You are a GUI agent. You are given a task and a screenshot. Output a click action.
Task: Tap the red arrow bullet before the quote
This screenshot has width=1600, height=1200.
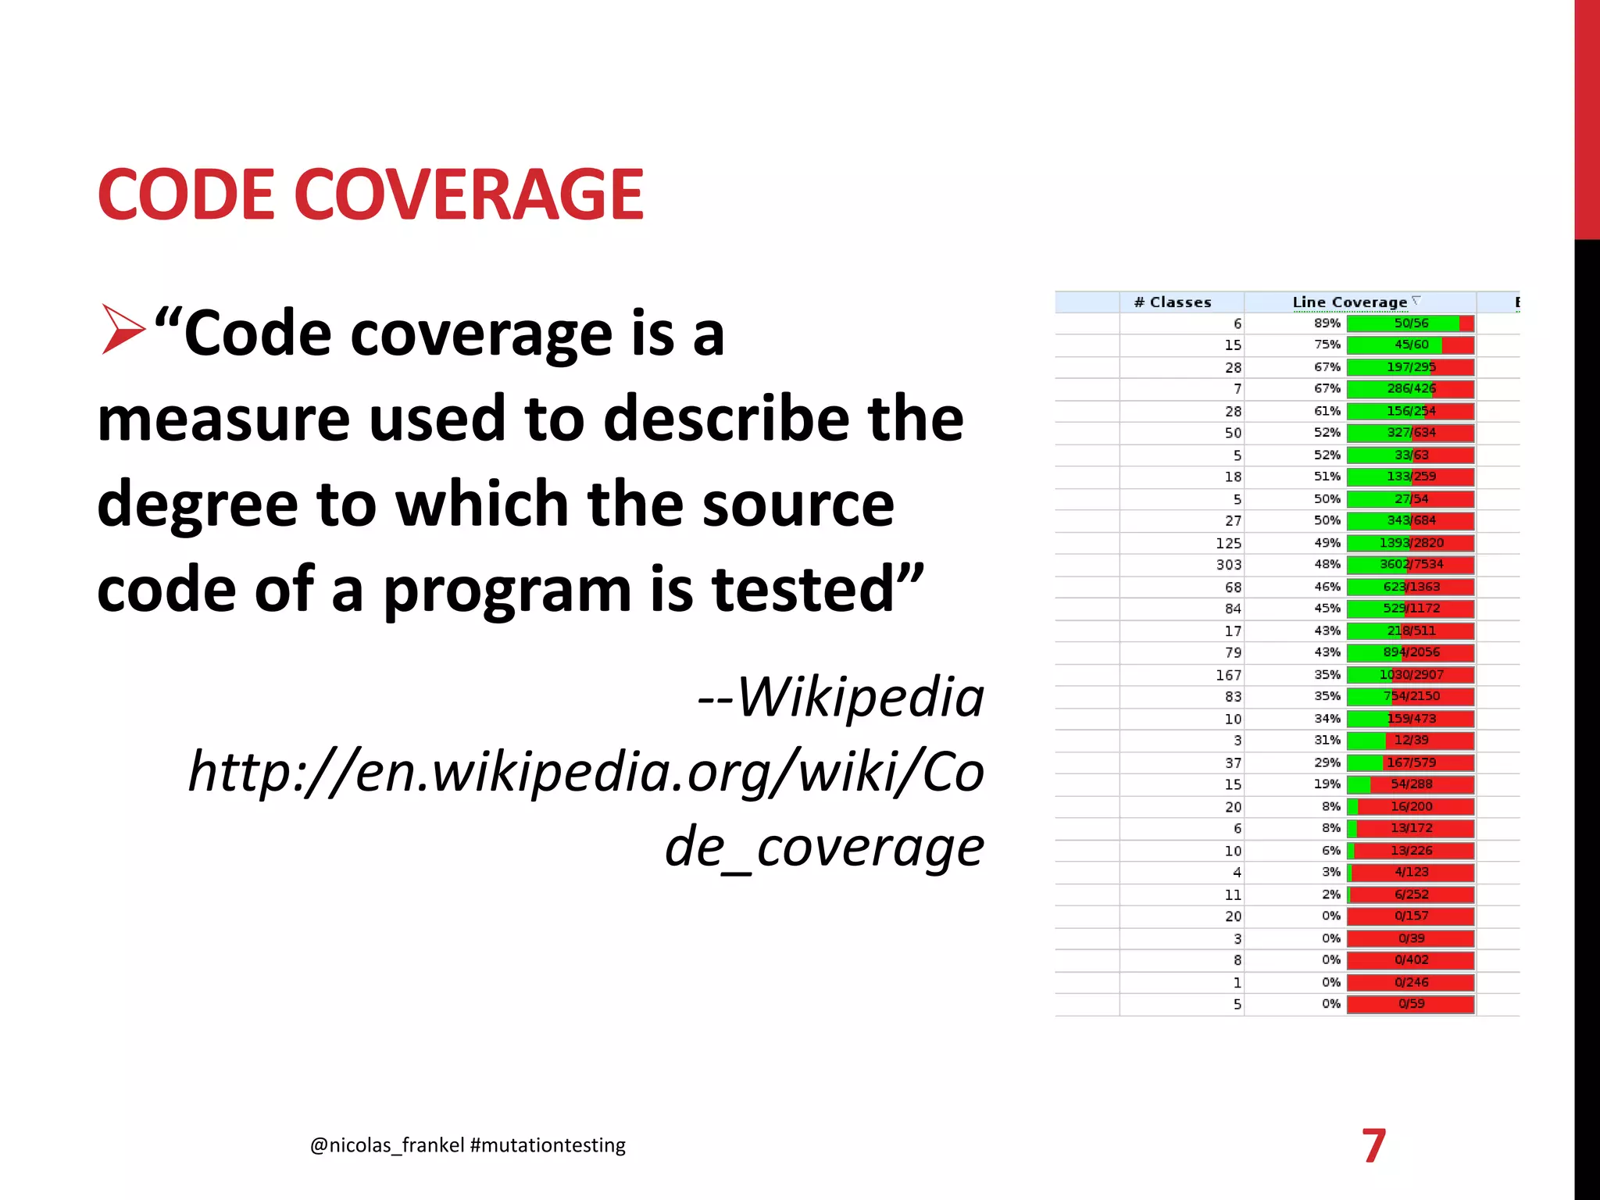point(123,330)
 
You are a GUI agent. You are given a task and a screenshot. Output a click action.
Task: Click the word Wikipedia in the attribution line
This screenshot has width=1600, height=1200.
point(861,696)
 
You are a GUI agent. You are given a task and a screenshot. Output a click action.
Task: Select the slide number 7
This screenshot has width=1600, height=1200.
point(1373,1145)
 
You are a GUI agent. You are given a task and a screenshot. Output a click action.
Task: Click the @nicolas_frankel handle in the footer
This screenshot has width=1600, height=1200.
point(387,1145)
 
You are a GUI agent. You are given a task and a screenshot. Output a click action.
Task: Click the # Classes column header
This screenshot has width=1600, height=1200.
point(1172,302)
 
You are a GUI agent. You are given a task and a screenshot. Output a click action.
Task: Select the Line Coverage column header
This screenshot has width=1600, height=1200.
point(1349,302)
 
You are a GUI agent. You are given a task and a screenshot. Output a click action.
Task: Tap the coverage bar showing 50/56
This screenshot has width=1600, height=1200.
point(1410,323)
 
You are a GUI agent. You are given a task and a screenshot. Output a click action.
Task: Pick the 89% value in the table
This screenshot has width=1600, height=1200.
point(1327,323)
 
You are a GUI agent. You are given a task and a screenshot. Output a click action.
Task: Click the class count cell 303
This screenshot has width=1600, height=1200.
point(1228,564)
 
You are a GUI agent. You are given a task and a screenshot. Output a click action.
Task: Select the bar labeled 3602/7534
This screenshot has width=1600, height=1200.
point(1410,564)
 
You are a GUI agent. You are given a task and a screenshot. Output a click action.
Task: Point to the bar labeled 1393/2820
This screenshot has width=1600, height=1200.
point(1410,543)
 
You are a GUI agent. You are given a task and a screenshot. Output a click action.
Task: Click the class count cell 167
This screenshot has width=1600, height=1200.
point(1228,675)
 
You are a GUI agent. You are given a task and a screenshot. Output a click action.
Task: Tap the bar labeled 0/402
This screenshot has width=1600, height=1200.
point(1410,960)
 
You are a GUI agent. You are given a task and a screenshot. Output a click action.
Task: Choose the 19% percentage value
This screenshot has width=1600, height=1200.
point(1327,784)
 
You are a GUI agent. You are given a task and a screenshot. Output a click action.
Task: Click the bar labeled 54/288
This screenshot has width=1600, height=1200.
point(1410,784)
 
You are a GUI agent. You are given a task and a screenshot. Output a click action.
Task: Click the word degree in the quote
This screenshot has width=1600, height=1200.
point(197,505)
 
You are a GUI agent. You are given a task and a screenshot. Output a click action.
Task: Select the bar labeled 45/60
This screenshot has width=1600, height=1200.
point(1410,345)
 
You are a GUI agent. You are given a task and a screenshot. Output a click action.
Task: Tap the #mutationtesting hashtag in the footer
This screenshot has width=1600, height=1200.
point(548,1145)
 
